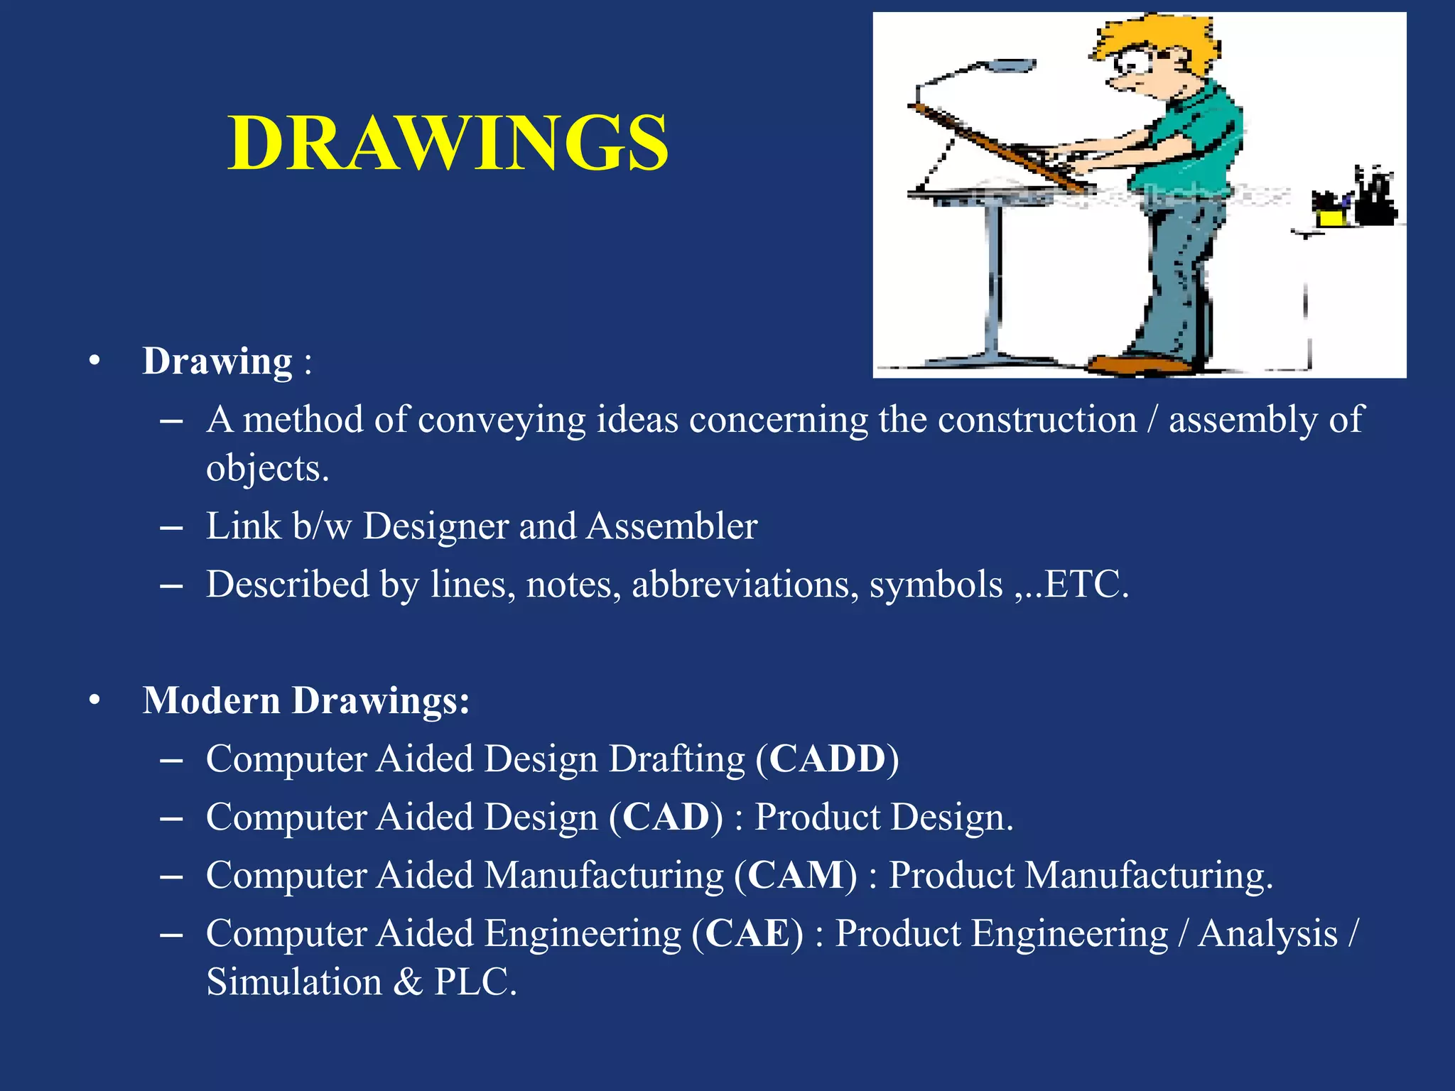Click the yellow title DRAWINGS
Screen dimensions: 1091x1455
448,143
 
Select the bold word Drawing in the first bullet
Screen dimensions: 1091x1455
217,362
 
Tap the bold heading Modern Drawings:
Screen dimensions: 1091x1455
306,700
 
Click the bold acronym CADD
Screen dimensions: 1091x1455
828,759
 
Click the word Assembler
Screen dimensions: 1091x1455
672,526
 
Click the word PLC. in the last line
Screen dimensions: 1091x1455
475,982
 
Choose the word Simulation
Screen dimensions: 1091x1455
294,982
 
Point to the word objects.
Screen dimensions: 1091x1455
267,469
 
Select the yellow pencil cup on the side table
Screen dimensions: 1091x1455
1331,215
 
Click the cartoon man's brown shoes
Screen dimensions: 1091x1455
1137,365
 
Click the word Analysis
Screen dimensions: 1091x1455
1267,933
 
